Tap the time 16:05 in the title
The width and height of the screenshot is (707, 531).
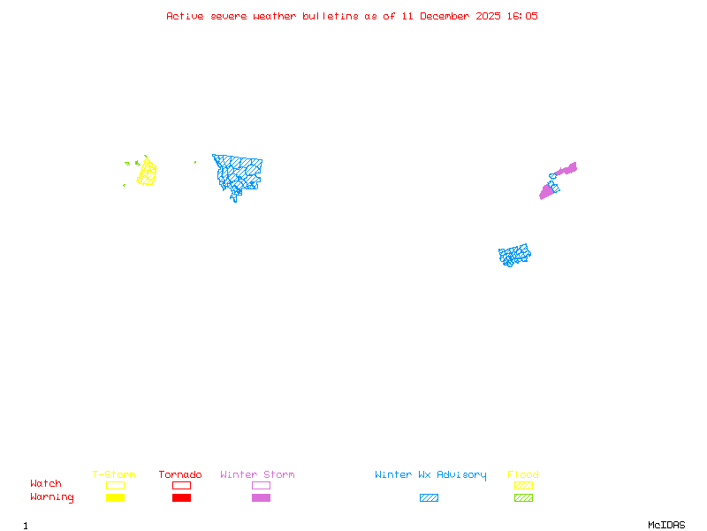click(x=522, y=16)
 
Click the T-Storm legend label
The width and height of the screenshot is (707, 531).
click(x=114, y=475)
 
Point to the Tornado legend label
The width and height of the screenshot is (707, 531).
click(x=180, y=475)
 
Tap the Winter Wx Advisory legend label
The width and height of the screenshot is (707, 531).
click(x=430, y=475)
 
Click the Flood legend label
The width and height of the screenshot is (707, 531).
click(x=523, y=475)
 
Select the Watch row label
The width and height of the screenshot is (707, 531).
click(x=46, y=484)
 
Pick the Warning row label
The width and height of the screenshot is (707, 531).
click(x=52, y=497)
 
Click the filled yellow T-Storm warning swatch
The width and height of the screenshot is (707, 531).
click(x=115, y=498)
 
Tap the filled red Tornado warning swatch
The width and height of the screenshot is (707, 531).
click(x=181, y=498)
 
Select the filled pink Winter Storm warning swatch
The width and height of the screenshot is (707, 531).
click(x=261, y=498)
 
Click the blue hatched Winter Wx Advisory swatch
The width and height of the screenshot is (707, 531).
click(x=429, y=498)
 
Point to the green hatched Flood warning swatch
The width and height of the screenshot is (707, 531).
click(x=523, y=498)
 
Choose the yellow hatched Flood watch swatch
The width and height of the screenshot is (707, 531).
click(x=523, y=485)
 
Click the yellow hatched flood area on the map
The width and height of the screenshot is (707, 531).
click(x=147, y=173)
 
